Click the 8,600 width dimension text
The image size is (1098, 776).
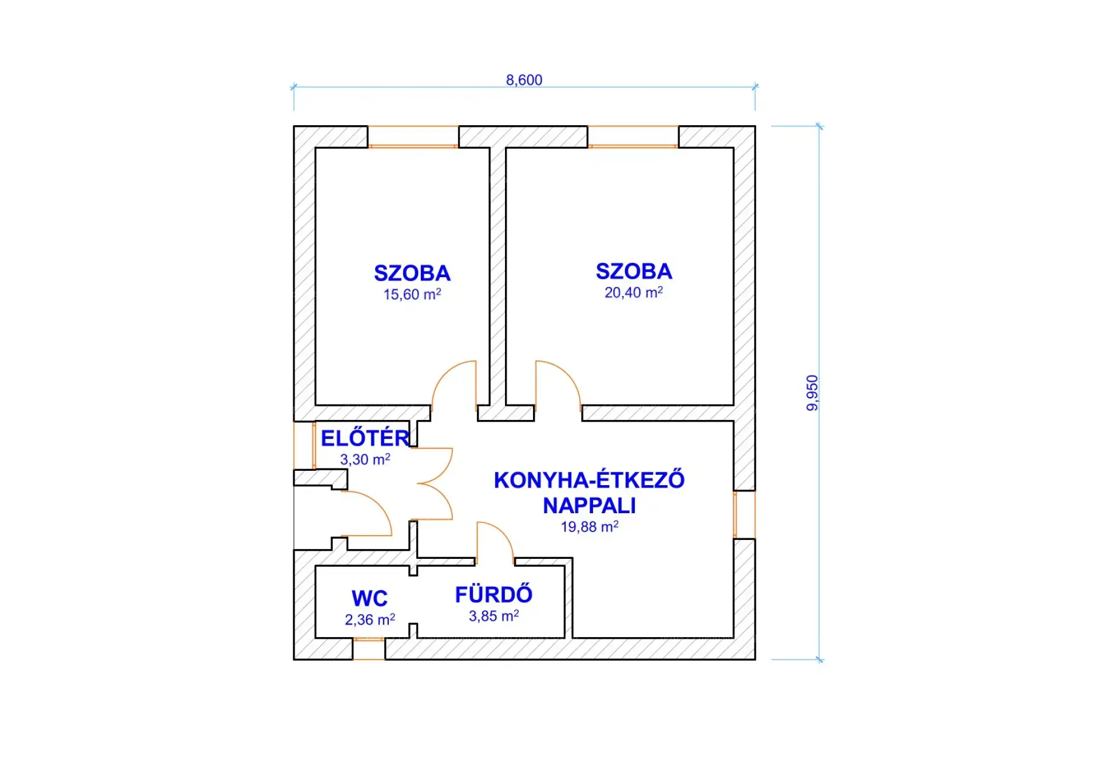tap(524, 80)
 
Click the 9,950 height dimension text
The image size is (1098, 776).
tap(812, 393)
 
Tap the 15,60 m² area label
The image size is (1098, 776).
tap(412, 295)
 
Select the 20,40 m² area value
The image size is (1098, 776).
tap(634, 293)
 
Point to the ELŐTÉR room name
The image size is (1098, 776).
tap(365, 438)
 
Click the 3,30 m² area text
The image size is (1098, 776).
tap(365, 459)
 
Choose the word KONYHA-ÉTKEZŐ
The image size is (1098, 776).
tap(589, 480)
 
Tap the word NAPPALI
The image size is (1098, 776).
tap(589, 506)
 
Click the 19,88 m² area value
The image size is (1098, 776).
tap(589, 527)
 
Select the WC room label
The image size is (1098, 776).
tap(369, 598)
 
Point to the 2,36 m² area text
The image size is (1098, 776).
tap(369, 620)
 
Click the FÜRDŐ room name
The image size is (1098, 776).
tap(494, 595)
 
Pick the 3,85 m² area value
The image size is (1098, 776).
tap(494, 616)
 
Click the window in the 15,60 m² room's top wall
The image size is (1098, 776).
tap(413, 137)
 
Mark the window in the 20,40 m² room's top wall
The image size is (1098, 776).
tap(633, 137)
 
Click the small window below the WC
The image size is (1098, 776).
tap(369, 649)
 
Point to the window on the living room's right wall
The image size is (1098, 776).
tap(744, 514)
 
